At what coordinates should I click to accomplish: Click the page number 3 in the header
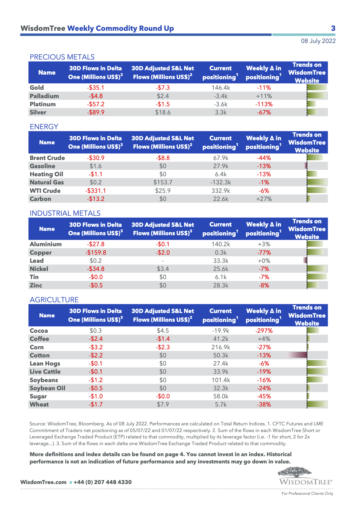click(333, 28)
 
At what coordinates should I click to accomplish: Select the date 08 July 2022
click(318, 41)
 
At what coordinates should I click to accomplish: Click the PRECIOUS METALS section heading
click(62, 57)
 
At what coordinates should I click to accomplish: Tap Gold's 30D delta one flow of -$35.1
click(96, 88)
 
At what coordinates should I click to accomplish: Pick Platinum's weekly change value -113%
click(264, 104)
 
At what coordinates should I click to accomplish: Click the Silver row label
click(38, 112)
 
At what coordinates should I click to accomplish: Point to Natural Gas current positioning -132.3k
click(221, 182)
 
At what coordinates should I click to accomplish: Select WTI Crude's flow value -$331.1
click(96, 191)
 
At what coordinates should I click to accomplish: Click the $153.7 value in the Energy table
click(163, 182)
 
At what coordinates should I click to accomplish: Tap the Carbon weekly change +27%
click(264, 199)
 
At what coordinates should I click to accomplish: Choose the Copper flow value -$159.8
click(96, 253)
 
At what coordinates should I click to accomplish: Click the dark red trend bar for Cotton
click(298, 355)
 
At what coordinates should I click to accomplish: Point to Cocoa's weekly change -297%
click(264, 331)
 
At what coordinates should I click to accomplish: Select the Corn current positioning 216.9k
click(221, 347)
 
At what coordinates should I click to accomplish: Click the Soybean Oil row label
click(47, 388)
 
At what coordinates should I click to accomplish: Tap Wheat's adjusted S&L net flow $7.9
click(163, 404)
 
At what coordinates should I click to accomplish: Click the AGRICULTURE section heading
click(54, 300)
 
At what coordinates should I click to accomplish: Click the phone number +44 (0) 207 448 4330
click(102, 482)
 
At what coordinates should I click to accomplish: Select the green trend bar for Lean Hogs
click(317, 363)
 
